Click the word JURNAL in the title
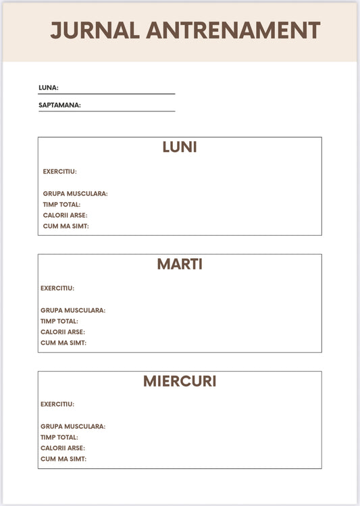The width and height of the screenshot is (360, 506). tap(95, 30)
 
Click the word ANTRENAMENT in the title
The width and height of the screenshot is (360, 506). tap(233, 30)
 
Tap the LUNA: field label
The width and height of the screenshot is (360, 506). tap(49, 87)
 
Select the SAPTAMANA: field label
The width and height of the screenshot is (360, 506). tap(59, 105)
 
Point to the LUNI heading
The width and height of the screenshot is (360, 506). tap(180, 147)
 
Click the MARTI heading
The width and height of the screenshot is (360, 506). tap(180, 264)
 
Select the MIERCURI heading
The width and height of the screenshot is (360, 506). tap(180, 381)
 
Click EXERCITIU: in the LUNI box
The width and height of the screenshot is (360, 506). tap(59, 172)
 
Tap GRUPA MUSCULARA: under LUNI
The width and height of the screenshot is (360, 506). tap(75, 194)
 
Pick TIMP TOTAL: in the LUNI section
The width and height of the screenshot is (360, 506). tap(61, 205)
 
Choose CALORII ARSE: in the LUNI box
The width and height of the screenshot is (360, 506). tap(65, 216)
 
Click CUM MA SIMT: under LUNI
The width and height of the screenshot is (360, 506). tap(66, 226)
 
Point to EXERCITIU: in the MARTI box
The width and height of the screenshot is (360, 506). tap(57, 288)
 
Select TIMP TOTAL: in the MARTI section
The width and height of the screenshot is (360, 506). tap(59, 322)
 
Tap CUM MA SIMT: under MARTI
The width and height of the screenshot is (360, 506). tap(63, 343)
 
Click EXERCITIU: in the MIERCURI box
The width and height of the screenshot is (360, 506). tap(57, 405)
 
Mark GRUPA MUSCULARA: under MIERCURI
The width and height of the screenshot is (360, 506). tap(73, 427)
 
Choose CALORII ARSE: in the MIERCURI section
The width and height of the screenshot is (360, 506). tap(63, 449)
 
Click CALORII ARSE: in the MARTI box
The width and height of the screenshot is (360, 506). tap(63, 332)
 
